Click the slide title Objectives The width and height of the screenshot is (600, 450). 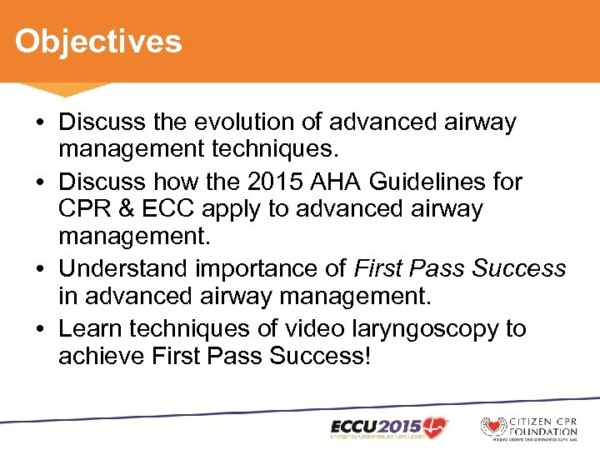pyautogui.click(x=97, y=41)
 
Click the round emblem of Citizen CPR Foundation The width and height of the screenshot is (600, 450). pyautogui.click(x=493, y=426)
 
